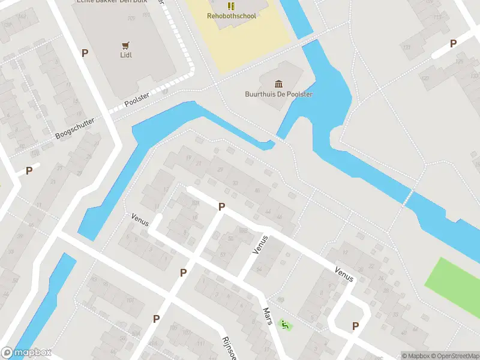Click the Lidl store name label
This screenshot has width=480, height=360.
coord(125,55)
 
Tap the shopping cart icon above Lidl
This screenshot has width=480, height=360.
coord(125,45)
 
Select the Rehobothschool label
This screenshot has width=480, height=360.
coord(232,16)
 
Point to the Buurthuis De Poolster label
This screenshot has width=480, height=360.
coord(279,94)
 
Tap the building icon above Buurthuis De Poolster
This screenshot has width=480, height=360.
coord(279,83)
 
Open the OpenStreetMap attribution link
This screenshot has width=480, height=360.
coord(455,356)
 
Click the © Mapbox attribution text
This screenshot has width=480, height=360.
coord(416,356)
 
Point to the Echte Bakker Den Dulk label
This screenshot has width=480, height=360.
coord(112,2)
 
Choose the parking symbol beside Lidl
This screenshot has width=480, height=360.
coord(85,53)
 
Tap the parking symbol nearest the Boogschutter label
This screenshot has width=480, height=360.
coord(29,171)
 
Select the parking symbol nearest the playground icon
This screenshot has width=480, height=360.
coord(355,326)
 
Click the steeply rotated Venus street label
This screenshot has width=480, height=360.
coord(260,244)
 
